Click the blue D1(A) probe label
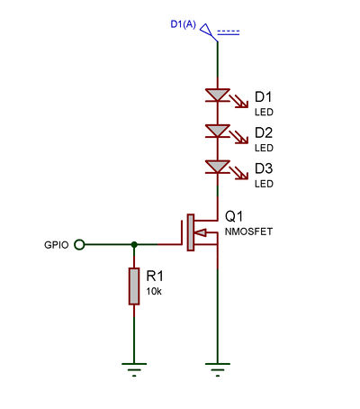[183, 24]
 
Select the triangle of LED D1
[218, 95]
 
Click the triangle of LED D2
[218, 131]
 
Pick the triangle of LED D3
[218, 167]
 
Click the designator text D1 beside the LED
[263, 97]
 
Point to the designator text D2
[264, 132]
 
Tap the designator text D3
[264, 168]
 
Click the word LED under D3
[264, 184]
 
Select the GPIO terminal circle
[79, 245]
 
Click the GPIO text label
[57, 245]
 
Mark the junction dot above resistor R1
[134, 245]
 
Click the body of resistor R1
[134, 286]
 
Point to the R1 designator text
[155, 276]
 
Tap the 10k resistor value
[154, 291]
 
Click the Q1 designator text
[234, 216]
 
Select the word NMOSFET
[248, 232]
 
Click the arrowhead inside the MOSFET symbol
[201, 232]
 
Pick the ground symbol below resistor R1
[134, 369]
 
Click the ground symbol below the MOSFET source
[218, 369]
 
